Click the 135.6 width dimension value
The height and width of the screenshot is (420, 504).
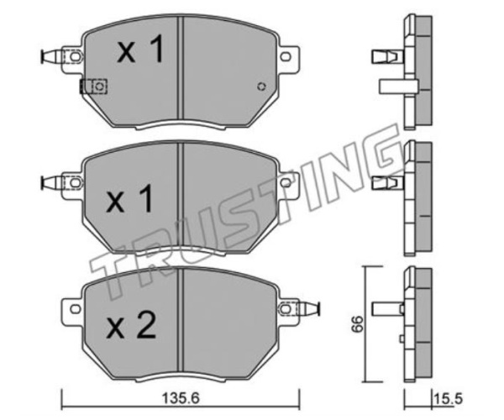click(x=181, y=398)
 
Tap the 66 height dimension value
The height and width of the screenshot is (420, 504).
click(x=358, y=324)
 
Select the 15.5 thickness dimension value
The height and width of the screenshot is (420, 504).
click(x=448, y=399)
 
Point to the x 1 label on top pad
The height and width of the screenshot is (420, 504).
click(x=140, y=49)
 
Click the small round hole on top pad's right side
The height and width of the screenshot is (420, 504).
click(x=261, y=87)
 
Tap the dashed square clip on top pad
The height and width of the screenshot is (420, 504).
click(x=93, y=87)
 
